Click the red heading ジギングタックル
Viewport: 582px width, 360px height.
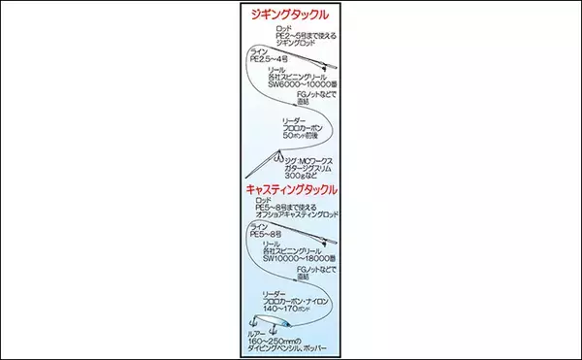(290, 17)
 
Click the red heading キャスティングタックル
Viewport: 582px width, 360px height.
(291, 190)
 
